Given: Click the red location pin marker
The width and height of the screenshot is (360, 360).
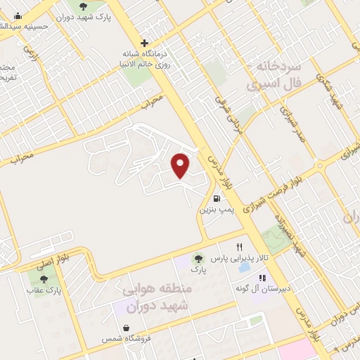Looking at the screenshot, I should click(181, 165).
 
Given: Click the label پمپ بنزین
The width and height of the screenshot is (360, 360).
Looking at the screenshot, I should click(215, 209).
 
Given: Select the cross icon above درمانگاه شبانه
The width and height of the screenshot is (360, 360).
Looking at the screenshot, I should click(144, 42).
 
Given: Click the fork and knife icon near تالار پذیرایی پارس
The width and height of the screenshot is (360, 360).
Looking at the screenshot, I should click(240, 247).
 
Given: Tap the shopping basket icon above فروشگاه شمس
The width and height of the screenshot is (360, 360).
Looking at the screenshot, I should click(125, 328).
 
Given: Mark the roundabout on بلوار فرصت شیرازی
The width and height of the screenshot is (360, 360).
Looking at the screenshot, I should click(320, 167).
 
